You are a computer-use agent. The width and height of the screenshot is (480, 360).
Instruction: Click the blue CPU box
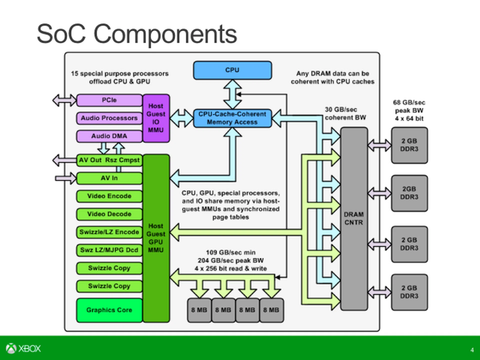(x=232, y=70)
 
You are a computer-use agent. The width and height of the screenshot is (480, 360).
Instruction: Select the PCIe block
(x=109, y=100)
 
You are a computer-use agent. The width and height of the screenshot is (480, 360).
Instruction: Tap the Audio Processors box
(x=109, y=118)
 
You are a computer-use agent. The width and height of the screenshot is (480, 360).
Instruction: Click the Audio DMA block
(x=109, y=136)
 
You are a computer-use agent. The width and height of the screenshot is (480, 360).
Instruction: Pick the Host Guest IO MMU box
(x=156, y=118)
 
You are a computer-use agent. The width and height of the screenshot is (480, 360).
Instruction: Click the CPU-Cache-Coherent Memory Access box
(x=232, y=118)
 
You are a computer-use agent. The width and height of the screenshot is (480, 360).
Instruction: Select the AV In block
(x=109, y=178)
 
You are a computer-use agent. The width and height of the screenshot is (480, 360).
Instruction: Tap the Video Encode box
(x=109, y=196)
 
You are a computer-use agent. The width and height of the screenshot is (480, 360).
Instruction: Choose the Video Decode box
(x=109, y=214)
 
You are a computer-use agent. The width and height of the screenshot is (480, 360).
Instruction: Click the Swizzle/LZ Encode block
(x=109, y=232)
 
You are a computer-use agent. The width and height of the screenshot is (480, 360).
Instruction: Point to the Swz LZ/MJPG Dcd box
(x=109, y=250)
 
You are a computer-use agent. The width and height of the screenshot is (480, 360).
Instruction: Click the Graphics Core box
(x=109, y=310)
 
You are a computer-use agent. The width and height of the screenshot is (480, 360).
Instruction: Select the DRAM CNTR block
(x=354, y=219)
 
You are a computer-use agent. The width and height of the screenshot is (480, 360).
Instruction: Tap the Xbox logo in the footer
(x=23, y=348)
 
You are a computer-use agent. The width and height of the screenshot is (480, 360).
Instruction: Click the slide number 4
(x=472, y=350)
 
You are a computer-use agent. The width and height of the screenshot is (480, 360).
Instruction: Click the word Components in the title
(x=165, y=34)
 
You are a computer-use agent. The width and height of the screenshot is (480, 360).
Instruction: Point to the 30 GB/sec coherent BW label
(x=345, y=113)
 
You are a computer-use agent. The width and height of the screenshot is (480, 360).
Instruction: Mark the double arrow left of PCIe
(x=64, y=100)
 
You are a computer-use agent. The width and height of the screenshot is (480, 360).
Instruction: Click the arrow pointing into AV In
(x=65, y=178)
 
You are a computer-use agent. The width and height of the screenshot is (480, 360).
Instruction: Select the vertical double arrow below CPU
(x=232, y=94)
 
